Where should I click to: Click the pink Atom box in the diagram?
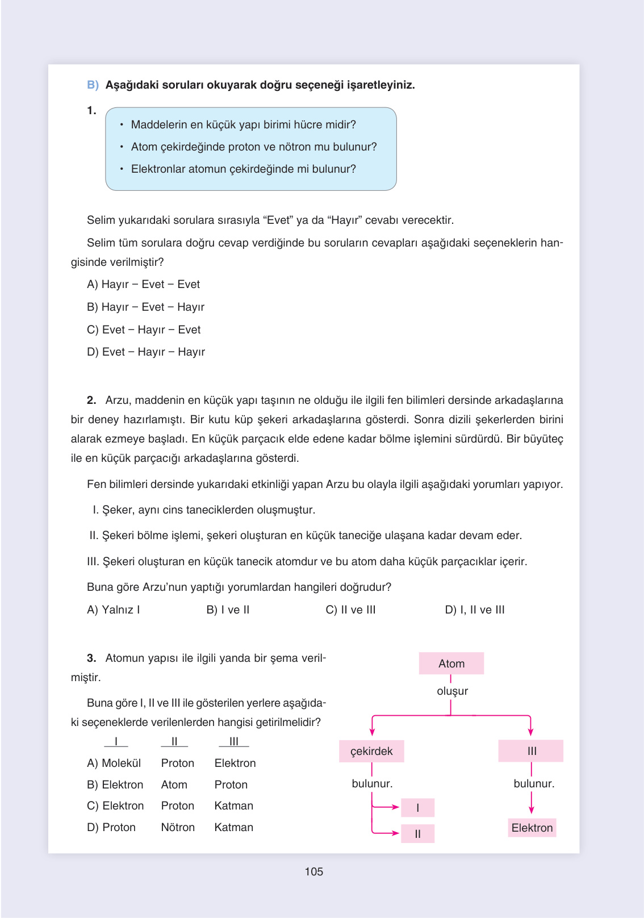(x=451, y=664)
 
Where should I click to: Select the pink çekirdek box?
(x=371, y=751)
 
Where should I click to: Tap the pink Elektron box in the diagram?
(x=532, y=828)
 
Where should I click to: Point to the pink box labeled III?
(x=531, y=751)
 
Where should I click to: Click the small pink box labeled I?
(x=417, y=808)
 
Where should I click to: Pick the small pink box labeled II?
(x=417, y=834)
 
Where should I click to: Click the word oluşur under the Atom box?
(x=452, y=691)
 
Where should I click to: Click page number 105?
(x=313, y=871)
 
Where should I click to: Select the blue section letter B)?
(x=93, y=85)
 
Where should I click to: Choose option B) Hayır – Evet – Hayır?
(x=145, y=307)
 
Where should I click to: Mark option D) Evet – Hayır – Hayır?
(x=145, y=352)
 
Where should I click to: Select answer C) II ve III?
(x=350, y=610)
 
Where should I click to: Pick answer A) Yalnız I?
(x=113, y=610)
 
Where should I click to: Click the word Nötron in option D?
(x=178, y=827)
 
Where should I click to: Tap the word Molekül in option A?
(x=122, y=763)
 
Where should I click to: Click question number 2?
(x=91, y=400)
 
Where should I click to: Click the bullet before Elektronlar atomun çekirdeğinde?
(x=122, y=169)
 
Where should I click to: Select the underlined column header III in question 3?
(x=233, y=741)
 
